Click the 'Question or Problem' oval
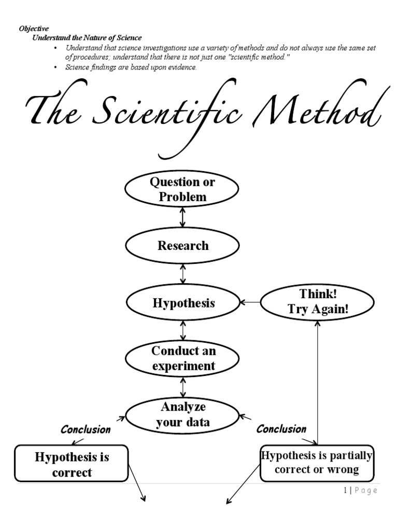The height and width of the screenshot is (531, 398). (x=182, y=189)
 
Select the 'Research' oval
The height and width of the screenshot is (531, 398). (x=182, y=246)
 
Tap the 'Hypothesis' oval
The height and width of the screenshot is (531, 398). (x=182, y=303)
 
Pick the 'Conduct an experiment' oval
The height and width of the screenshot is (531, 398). (x=182, y=358)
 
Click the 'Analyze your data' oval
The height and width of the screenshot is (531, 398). (x=182, y=415)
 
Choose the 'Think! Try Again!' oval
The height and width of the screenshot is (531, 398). (x=318, y=301)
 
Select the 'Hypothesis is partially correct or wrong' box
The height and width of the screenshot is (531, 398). (x=317, y=463)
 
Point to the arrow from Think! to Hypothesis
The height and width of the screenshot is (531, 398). (x=249, y=301)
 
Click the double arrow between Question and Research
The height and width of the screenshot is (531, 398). (x=182, y=217)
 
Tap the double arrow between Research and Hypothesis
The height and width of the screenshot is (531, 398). (x=182, y=274)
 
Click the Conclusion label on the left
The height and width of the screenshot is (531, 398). (x=86, y=429)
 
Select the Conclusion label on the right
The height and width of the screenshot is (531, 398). (x=281, y=429)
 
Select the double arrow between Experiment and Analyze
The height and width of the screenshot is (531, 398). (x=182, y=387)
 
